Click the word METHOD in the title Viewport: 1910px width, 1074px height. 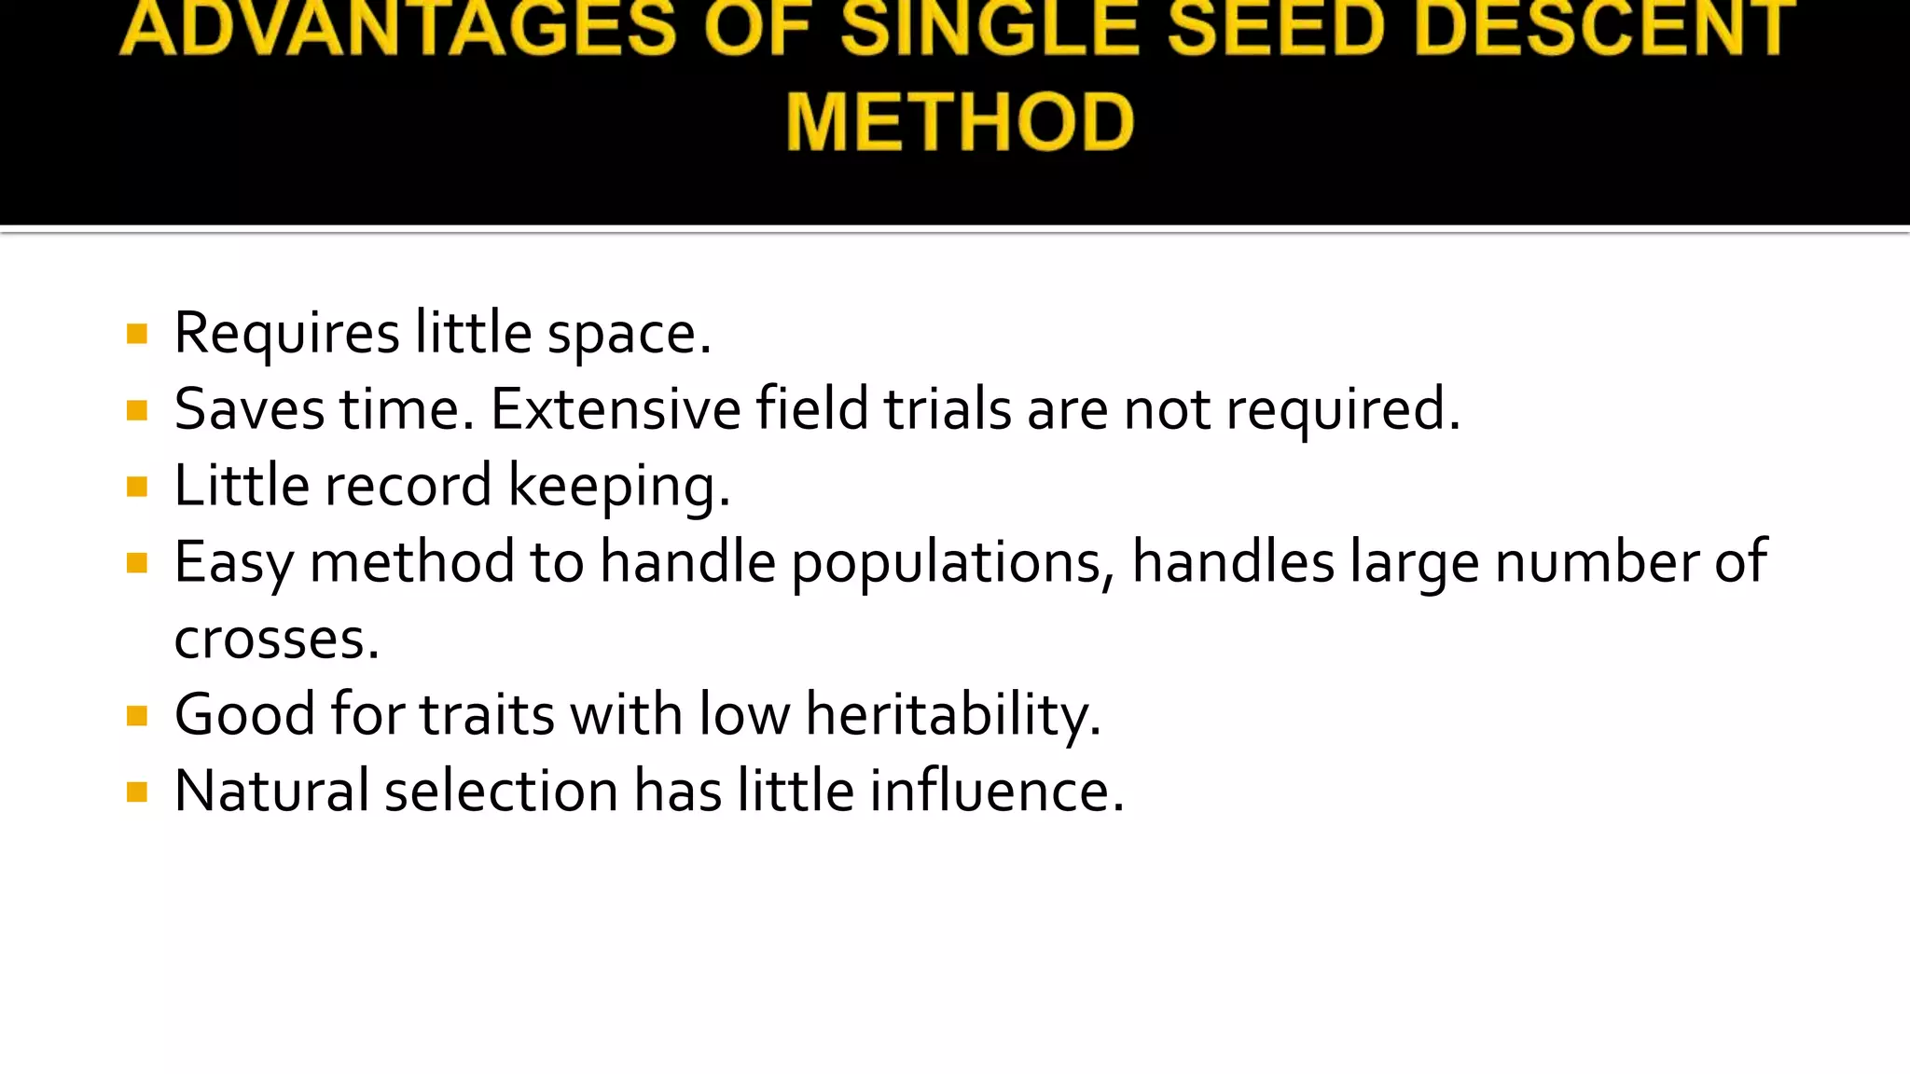(x=960, y=122)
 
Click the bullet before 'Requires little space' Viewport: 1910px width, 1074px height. (x=137, y=334)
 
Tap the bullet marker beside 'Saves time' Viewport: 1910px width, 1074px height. (x=137, y=410)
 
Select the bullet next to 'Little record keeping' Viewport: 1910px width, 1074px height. (x=137, y=487)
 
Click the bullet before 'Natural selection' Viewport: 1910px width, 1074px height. (x=137, y=792)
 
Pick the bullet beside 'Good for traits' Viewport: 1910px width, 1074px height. (x=137, y=716)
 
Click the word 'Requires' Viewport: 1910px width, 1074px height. (x=287, y=334)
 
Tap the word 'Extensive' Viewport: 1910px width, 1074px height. (x=616, y=410)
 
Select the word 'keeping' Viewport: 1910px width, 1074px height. (x=618, y=487)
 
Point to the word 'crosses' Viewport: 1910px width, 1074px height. (x=276, y=640)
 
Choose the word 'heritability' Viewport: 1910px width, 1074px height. (x=952, y=715)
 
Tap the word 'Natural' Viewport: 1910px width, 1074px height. (x=271, y=792)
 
